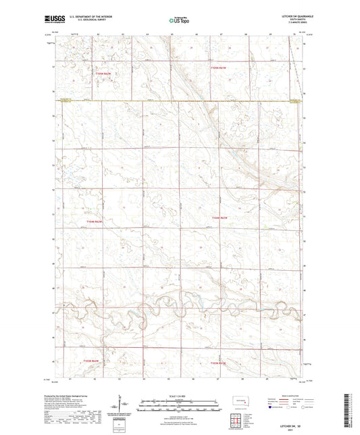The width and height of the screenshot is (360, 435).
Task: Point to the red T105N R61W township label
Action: [218, 68]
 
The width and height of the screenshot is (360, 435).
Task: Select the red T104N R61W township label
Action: [219, 217]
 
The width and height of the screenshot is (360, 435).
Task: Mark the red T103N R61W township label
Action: [218, 362]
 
